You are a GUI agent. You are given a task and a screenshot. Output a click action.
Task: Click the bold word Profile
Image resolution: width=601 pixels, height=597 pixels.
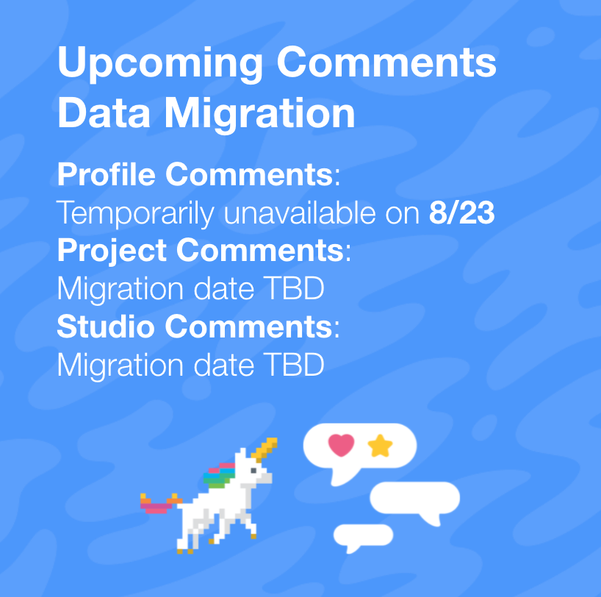(x=107, y=175)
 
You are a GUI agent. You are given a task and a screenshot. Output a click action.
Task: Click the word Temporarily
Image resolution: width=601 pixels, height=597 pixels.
(x=136, y=214)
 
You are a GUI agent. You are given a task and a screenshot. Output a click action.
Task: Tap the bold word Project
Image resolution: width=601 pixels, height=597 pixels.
(x=112, y=251)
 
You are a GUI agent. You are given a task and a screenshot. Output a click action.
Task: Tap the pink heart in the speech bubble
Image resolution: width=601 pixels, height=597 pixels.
(x=341, y=445)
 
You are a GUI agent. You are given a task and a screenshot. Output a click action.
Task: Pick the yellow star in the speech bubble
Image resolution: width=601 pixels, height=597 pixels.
(x=381, y=446)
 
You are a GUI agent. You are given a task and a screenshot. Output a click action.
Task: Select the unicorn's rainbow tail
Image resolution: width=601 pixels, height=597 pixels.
(x=158, y=504)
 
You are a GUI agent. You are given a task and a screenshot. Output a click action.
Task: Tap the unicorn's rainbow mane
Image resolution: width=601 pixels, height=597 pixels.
(x=217, y=474)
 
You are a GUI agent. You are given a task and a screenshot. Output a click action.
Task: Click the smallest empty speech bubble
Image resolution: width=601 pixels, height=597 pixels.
(x=362, y=535)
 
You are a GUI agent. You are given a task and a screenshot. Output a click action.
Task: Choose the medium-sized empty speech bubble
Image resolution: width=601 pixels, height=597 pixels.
(x=416, y=498)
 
